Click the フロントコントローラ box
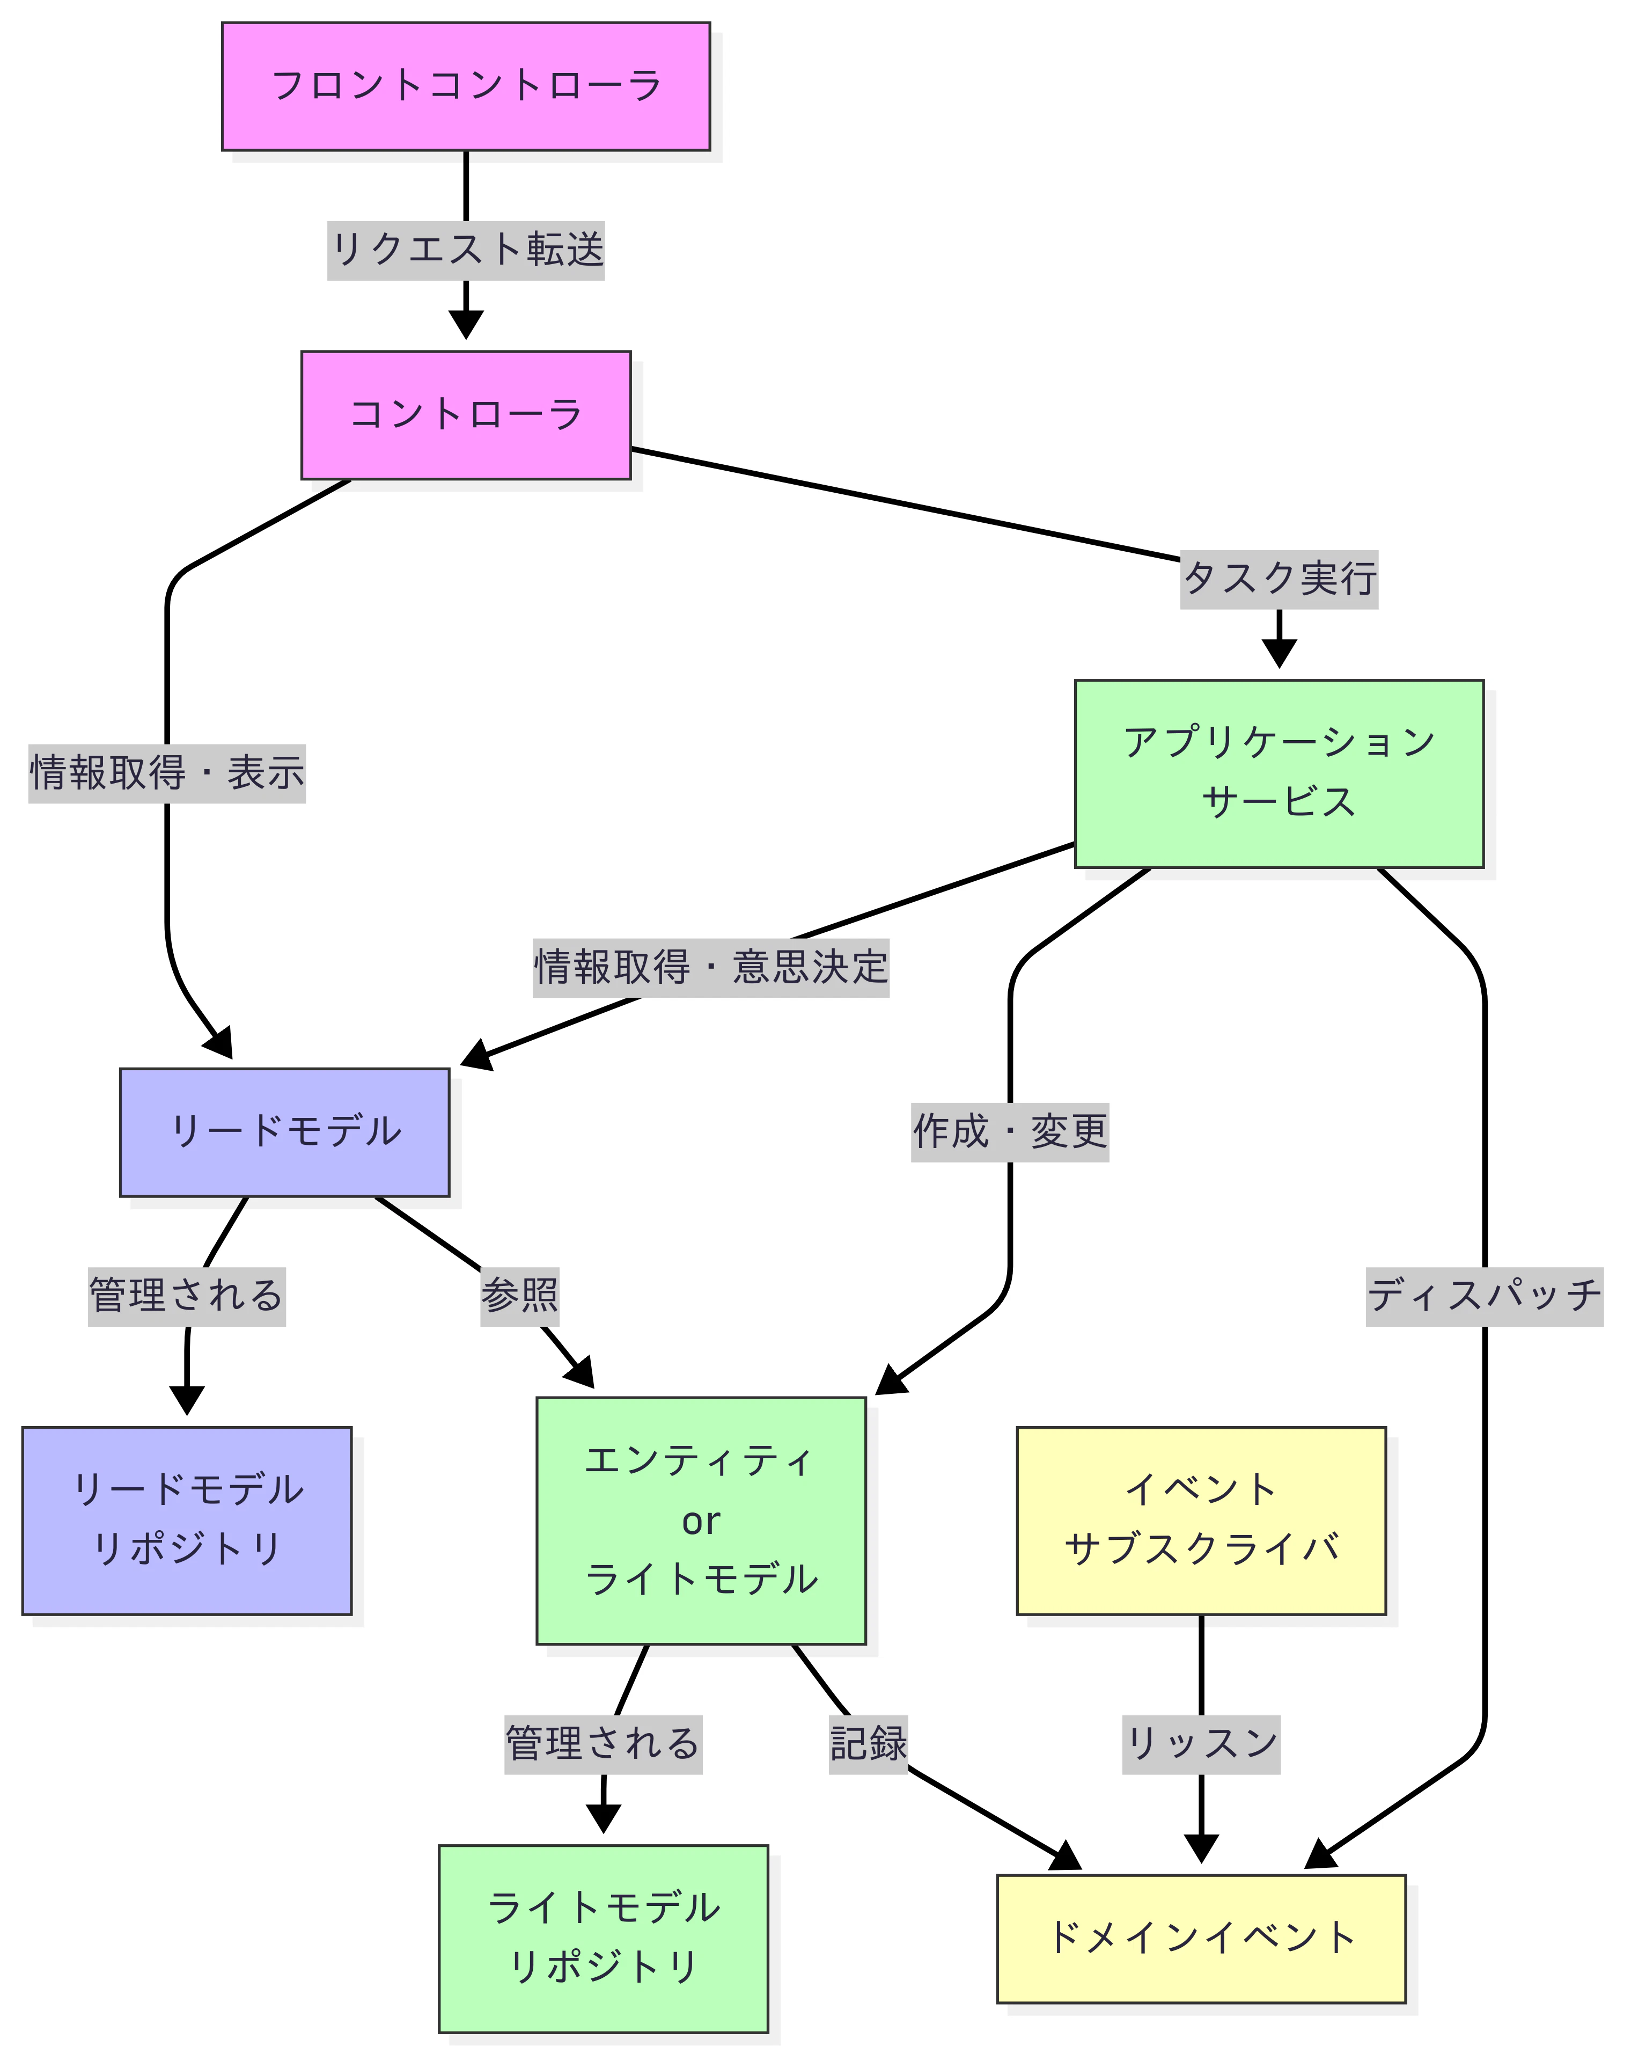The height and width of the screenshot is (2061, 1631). (466, 86)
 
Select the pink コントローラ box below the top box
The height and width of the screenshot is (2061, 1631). (466, 414)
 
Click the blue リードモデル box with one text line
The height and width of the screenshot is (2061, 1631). (284, 1132)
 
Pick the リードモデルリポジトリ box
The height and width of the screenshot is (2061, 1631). (187, 1521)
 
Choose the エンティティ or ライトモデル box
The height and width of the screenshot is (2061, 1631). (701, 1521)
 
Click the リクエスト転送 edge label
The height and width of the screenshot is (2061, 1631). (466, 250)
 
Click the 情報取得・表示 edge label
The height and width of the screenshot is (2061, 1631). (167, 773)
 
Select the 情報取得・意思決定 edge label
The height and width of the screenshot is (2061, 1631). (710, 968)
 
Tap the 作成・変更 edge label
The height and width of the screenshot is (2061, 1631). (1009, 1132)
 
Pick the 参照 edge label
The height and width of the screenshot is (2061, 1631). (518, 1296)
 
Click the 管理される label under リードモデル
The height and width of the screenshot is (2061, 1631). (187, 1296)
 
